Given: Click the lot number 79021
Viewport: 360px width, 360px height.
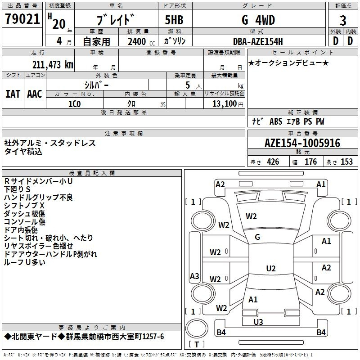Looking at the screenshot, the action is pos(22,19).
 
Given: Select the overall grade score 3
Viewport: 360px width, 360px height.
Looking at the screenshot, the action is pos(343,20).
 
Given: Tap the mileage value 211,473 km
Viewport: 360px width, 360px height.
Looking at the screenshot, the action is pos(53,65).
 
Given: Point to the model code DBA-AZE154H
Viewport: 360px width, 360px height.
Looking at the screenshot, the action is pos(258,41).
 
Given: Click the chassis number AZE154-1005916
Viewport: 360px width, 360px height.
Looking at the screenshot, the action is pos(302,143).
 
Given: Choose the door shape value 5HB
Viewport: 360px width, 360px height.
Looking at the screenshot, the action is pos(174,20).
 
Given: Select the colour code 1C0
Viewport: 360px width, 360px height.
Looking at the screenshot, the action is pos(74,104).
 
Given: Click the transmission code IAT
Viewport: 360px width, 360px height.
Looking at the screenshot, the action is pos(13,94).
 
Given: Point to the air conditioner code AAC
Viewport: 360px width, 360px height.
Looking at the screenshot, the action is pos(35,94).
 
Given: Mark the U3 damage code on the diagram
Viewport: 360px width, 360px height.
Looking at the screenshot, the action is pos(258,322).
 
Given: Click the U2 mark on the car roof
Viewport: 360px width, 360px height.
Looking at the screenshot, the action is pos(271,268).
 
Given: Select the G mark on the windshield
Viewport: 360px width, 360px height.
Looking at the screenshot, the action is pos(257,237).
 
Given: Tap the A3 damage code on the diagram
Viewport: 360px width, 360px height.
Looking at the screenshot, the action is pos(194,276).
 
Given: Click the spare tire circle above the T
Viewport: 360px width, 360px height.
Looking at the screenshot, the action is pos(197,328).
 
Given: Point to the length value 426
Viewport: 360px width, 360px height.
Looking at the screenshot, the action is pos(273,162).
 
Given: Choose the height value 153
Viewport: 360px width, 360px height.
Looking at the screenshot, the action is pos(346,162).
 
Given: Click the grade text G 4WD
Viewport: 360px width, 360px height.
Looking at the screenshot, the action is pos(258,20).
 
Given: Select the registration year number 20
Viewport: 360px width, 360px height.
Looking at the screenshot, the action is pos(59,24).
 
